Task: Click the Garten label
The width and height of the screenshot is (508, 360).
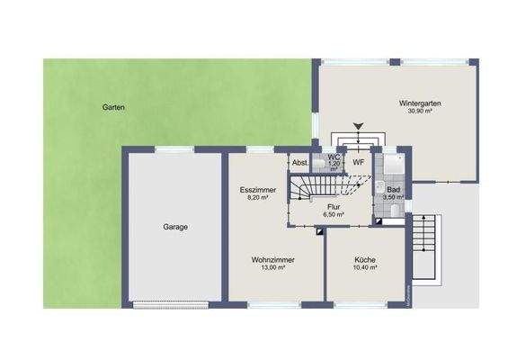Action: point(113,107)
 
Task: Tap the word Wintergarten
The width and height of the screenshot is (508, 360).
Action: point(421,104)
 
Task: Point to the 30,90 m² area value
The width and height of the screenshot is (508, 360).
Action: point(421,113)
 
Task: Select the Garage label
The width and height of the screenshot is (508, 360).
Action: point(175,227)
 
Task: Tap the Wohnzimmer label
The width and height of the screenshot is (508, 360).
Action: point(273,259)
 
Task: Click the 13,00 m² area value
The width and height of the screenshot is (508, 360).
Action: point(273,268)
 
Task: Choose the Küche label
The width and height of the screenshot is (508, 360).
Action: point(364,259)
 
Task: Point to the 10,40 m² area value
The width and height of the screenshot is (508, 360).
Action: point(364,268)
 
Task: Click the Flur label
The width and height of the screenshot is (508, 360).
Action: point(332,206)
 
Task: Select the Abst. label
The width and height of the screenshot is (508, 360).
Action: point(299,163)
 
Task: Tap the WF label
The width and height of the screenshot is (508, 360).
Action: point(357,162)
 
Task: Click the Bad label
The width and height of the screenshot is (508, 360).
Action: point(393,189)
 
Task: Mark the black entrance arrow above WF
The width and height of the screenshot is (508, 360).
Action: point(359,127)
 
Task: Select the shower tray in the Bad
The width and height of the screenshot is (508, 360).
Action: point(393,164)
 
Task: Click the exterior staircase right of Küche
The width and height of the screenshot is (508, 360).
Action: point(427,248)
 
